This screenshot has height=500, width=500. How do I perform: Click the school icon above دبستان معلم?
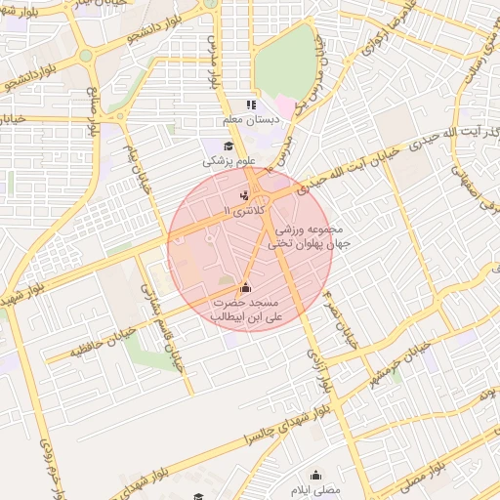[250, 104]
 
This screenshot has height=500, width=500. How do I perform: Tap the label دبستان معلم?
[251, 119]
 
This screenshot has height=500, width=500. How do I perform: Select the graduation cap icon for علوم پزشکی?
[228, 146]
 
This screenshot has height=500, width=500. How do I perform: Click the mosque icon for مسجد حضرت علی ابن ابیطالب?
[244, 287]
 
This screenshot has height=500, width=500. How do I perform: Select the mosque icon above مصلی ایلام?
[315, 469]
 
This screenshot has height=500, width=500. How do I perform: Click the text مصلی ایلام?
[315, 483]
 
